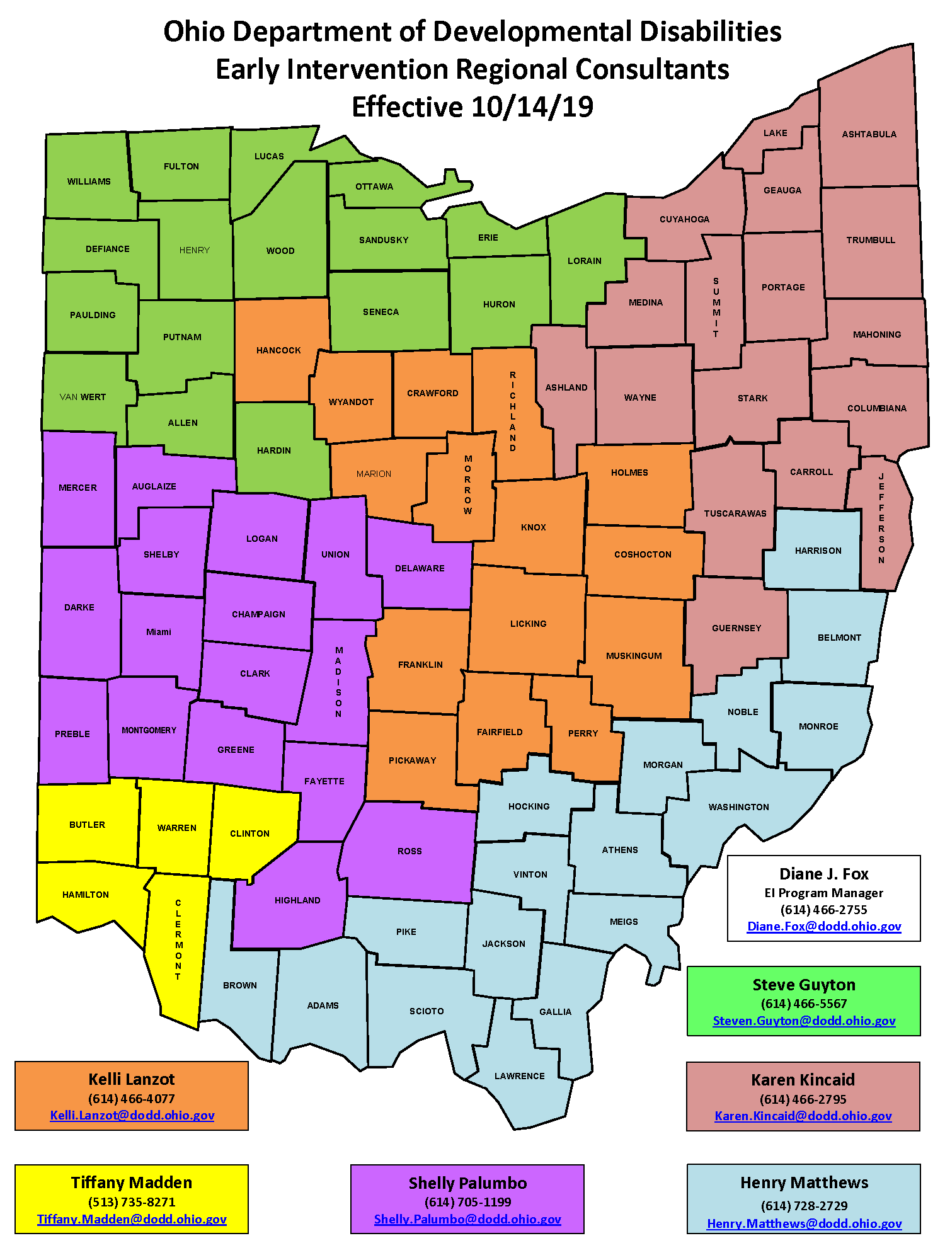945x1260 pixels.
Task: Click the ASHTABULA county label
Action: [x=869, y=134]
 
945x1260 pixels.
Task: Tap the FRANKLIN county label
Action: [x=420, y=665]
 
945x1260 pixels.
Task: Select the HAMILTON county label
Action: [x=86, y=895]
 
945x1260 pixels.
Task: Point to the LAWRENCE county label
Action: [x=519, y=1076]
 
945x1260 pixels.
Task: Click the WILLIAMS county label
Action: [x=89, y=181]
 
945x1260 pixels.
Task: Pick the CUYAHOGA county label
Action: [x=684, y=219]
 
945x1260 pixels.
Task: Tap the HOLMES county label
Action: [x=629, y=472]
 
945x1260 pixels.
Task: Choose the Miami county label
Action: [x=159, y=632]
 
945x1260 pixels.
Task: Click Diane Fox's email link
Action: [x=824, y=927]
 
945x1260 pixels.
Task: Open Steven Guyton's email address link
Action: [x=804, y=1021]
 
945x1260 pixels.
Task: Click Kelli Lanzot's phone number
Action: [x=132, y=1099]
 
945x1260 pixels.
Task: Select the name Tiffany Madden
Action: [x=132, y=1183]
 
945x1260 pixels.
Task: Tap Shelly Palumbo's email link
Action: [x=467, y=1219]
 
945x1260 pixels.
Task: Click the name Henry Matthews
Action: [x=804, y=1183]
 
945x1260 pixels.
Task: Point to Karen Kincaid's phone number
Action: [x=803, y=1099]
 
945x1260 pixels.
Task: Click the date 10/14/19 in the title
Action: [x=532, y=107]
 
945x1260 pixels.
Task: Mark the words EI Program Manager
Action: [x=823, y=893]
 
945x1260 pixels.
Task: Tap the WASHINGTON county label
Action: [x=738, y=807]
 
